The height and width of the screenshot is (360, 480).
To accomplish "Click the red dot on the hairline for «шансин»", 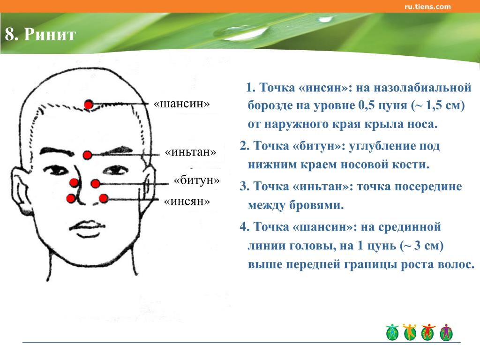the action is (89, 105).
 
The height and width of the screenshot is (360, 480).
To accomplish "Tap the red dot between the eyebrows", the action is (88, 155).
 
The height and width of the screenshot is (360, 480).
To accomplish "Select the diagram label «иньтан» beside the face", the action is (190, 152).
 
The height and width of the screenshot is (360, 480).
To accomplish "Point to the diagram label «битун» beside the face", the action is (196, 180).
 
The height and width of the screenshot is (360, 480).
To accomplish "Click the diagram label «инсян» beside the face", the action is (187, 202).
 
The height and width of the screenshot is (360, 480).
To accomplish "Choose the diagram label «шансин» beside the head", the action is (181, 104).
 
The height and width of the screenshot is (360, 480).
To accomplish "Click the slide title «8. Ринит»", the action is (40, 34).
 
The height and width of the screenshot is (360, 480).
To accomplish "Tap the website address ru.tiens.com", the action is (427, 7).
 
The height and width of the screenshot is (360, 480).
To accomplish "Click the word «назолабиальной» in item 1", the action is (423, 88).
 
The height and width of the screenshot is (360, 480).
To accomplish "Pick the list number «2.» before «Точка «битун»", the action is (245, 146).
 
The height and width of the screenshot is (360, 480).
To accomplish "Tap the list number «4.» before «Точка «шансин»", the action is (245, 227).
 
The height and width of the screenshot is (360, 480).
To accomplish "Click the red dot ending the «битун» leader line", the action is (96, 184).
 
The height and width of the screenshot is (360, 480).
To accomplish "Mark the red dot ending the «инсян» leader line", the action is (104, 198).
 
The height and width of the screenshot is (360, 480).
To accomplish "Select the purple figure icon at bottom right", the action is (446, 332).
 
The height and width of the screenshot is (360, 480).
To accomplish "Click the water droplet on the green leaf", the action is (242, 32).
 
